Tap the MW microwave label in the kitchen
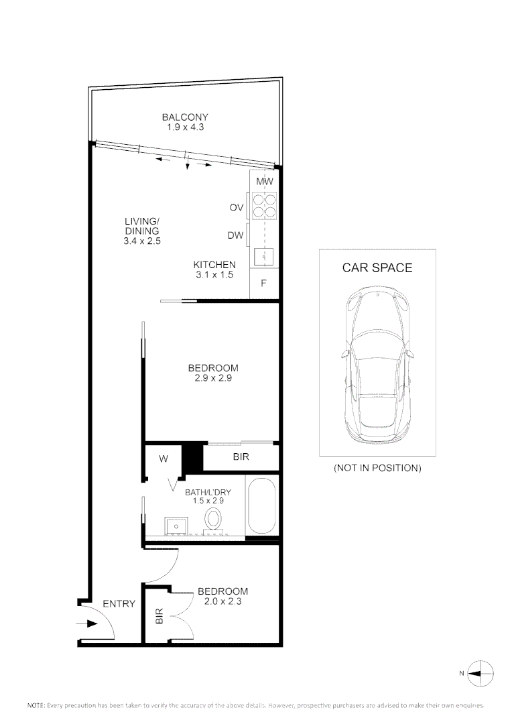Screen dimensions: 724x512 (264, 182)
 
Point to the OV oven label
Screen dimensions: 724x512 (236, 208)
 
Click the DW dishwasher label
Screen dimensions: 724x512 (235, 235)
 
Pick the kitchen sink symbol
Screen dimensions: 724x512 (264, 255)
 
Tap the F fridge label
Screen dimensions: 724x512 (264, 283)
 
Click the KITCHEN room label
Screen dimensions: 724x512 (214, 265)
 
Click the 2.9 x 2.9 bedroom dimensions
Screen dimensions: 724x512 (212, 378)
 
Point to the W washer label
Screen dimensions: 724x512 (164, 459)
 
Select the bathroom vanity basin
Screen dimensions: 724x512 (176, 524)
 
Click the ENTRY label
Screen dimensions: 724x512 (119, 604)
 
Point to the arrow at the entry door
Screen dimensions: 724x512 (86, 624)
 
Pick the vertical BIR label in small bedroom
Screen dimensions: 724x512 (159, 616)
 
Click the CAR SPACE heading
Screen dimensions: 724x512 (377, 268)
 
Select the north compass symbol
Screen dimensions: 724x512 (481, 672)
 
